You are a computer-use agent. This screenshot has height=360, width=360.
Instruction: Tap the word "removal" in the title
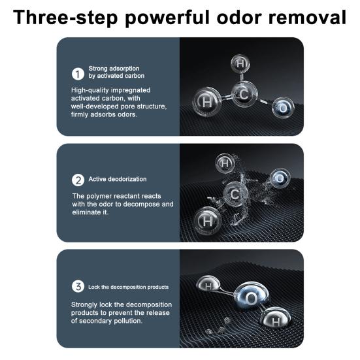point(307,18)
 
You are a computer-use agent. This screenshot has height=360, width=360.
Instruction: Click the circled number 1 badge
point(78,74)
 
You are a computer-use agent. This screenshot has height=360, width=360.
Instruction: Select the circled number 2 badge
point(78,180)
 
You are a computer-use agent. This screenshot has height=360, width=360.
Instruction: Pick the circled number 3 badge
point(78,286)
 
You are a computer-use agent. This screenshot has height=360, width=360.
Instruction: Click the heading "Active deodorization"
point(118,179)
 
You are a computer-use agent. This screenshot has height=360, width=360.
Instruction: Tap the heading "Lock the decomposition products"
point(129,287)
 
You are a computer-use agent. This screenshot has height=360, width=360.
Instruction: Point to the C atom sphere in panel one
point(244,94)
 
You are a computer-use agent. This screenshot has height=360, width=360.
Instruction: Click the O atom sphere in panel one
point(283,108)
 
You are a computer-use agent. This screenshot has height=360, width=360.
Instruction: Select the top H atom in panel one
point(240,63)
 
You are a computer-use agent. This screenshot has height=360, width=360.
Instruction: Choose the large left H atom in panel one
point(207,102)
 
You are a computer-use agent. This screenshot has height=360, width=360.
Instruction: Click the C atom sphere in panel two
point(235,194)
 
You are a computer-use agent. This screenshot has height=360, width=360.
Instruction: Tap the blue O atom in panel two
point(280,178)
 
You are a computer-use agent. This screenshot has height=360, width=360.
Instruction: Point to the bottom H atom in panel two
point(208,221)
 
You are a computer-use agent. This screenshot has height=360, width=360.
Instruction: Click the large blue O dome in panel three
point(252,297)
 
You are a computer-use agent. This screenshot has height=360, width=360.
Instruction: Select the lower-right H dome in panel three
point(276,318)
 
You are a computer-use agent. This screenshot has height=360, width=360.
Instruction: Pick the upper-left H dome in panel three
point(208,284)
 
